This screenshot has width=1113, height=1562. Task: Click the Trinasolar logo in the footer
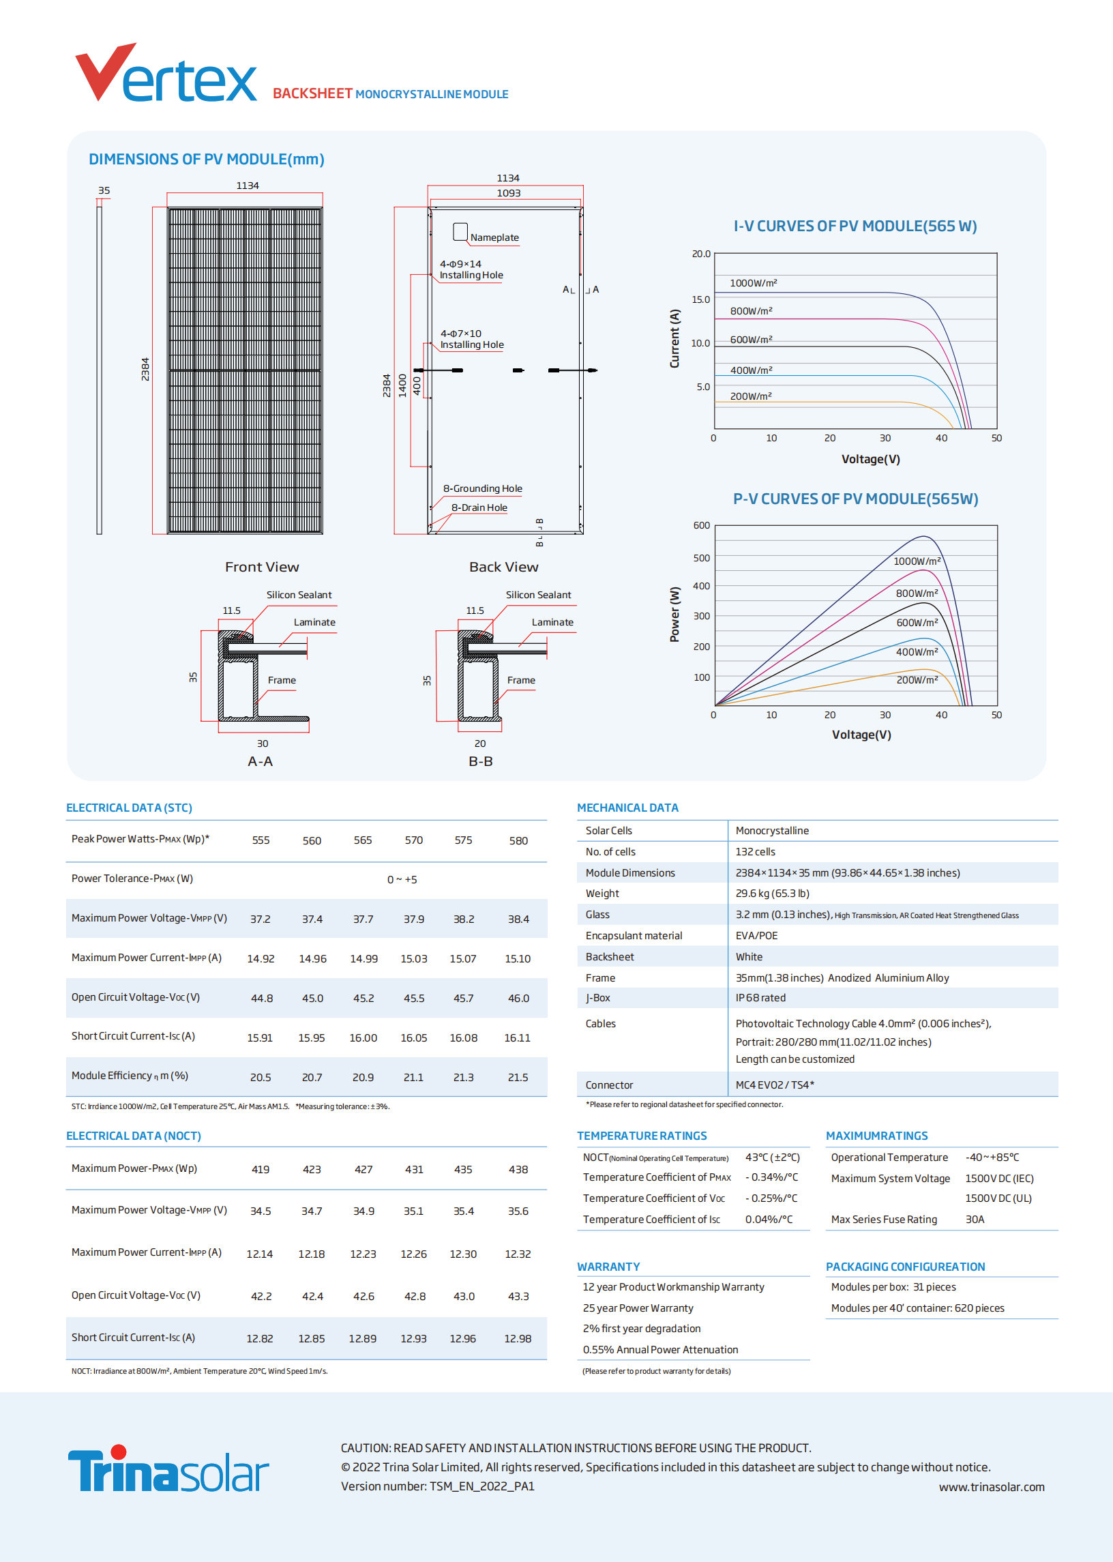pyautogui.click(x=168, y=1469)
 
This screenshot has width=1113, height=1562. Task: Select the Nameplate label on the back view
pyautogui.click(x=494, y=238)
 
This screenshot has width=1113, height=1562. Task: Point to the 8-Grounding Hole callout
pyautogui.click(x=482, y=488)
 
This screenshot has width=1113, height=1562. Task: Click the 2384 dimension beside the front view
pyautogui.click(x=145, y=370)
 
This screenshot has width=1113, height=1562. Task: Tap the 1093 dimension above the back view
pyautogui.click(x=508, y=193)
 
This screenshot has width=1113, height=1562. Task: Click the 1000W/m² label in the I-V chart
pyautogui.click(x=753, y=283)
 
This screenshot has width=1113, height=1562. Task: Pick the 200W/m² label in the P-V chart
pyautogui.click(x=917, y=680)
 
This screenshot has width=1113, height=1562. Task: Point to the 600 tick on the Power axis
pyautogui.click(x=701, y=526)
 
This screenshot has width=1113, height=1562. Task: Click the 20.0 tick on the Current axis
pyautogui.click(x=700, y=254)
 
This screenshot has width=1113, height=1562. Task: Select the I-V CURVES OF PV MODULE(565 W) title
pyautogui.click(x=855, y=226)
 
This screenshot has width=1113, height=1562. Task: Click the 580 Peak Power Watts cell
pyautogui.click(x=518, y=841)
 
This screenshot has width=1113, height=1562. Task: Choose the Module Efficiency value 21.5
pyautogui.click(x=518, y=1078)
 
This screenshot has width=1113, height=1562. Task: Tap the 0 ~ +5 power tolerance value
pyautogui.click(x=402, y=880)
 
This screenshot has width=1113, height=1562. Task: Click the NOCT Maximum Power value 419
pyautogui.click(x=261, y=1170)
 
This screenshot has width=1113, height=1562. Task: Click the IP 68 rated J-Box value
pyautogui.click(x=760, y=999)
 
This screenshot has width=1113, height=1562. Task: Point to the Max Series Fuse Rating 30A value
pyautogui.click(x=974, y=1220)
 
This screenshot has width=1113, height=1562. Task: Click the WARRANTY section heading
pyautogui.click(x=608, y=1267)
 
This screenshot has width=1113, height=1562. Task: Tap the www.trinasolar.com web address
pyautogui.click(x=991, y=1487)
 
